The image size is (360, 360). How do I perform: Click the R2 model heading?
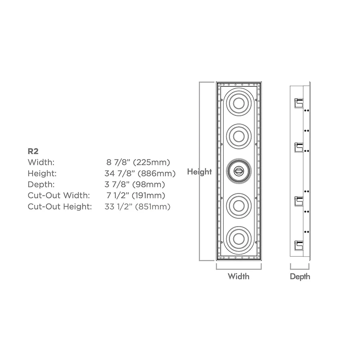(x=33, y=151)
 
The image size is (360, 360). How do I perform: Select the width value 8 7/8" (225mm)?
(x=138, y=162)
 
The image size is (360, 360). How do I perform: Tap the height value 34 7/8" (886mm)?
(x=140, y=174)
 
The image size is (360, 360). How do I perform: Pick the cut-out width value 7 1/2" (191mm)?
(x=136, y=195)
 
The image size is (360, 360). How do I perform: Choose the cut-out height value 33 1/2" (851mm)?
(x=138, y=207)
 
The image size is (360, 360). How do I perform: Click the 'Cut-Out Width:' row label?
(x=59, y=195)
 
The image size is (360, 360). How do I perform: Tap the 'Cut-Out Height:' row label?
(x=60, y=207)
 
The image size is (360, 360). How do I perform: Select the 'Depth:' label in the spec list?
(x=41, y=184)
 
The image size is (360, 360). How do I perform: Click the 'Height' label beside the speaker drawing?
(x=199, y=172)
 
